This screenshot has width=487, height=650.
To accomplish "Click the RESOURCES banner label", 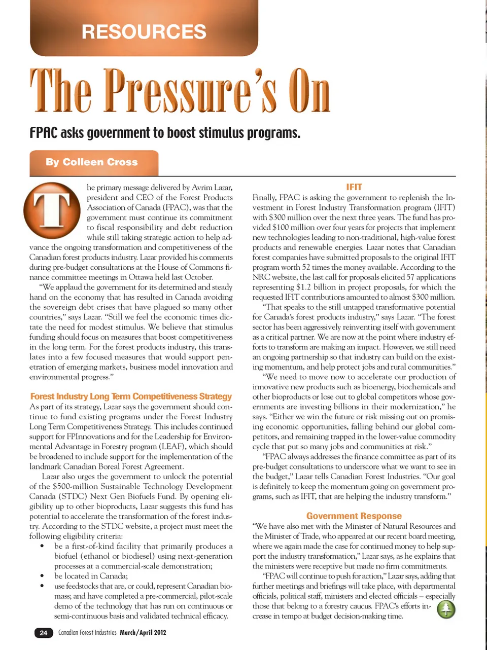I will pyautogui.click(x=144, y=32).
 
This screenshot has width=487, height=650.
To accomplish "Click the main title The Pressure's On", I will pyautogui.click(x=180, y=91).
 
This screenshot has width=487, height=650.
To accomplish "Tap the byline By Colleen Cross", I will pyautogui.click(x=92, y=162).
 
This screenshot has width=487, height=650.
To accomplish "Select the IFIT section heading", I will pyautogui.click(x=354, y=187).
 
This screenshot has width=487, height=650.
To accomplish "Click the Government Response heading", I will pyautogui.click(x=354, y=516).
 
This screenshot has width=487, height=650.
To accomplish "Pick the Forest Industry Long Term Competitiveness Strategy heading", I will pyautogui.click(x=131, y=396).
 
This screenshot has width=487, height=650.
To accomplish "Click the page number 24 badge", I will pyautogui.click(x=44, y=633).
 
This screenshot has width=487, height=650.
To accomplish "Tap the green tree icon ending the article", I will pyautogui.click(x=446, y=609).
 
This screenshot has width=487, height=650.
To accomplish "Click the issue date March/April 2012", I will pyautogui.click(x=143, y=633).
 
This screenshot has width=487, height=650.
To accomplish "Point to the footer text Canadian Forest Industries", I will pyautogui.click(x=87, y=633).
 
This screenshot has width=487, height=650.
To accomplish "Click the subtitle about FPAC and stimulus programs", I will pyautogui.click(x=165, y=133).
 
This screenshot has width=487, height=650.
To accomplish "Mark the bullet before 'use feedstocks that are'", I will pyautogui.click(x=43, y=586).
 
